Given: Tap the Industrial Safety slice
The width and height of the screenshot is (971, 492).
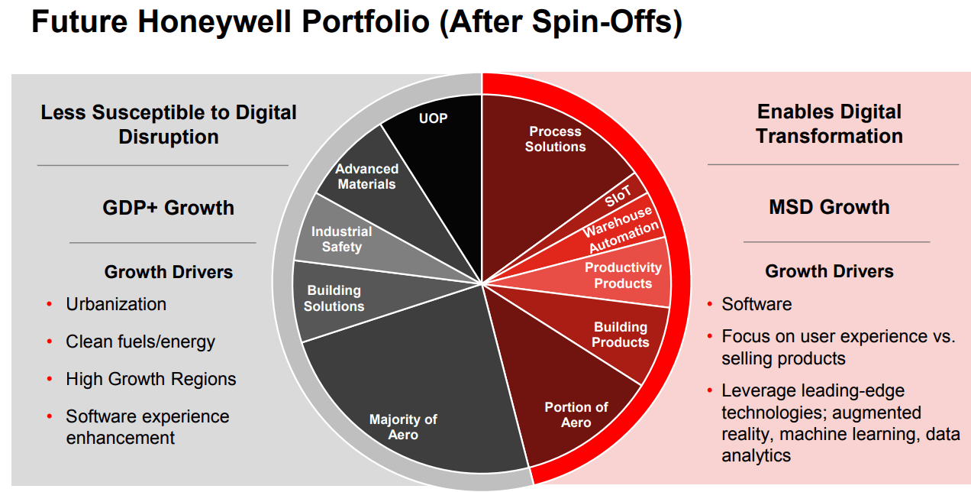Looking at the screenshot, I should click(341, 239).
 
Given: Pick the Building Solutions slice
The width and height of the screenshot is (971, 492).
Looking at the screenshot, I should click(334, 298).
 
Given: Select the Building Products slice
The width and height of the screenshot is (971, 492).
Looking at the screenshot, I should click(620, 335).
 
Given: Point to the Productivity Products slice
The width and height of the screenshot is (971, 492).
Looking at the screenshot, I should click(623, 275).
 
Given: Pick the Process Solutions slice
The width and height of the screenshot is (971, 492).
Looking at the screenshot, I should click(555, 139).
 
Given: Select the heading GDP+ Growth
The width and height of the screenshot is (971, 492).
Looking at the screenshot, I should click(168, 208).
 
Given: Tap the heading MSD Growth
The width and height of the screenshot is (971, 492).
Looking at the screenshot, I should click(829, 207).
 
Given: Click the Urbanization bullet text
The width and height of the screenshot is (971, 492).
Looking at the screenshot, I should click(116, 304).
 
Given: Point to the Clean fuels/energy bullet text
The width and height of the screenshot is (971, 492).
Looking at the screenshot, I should click(140, 341).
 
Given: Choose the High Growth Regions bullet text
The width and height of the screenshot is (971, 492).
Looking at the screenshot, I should click(151, 379).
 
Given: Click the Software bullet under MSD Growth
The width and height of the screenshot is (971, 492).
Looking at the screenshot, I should click(756, 304).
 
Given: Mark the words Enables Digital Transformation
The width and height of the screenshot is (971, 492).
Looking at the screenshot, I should click(829, 124).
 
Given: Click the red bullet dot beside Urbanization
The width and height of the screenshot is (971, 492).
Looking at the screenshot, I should click(50, 305).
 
